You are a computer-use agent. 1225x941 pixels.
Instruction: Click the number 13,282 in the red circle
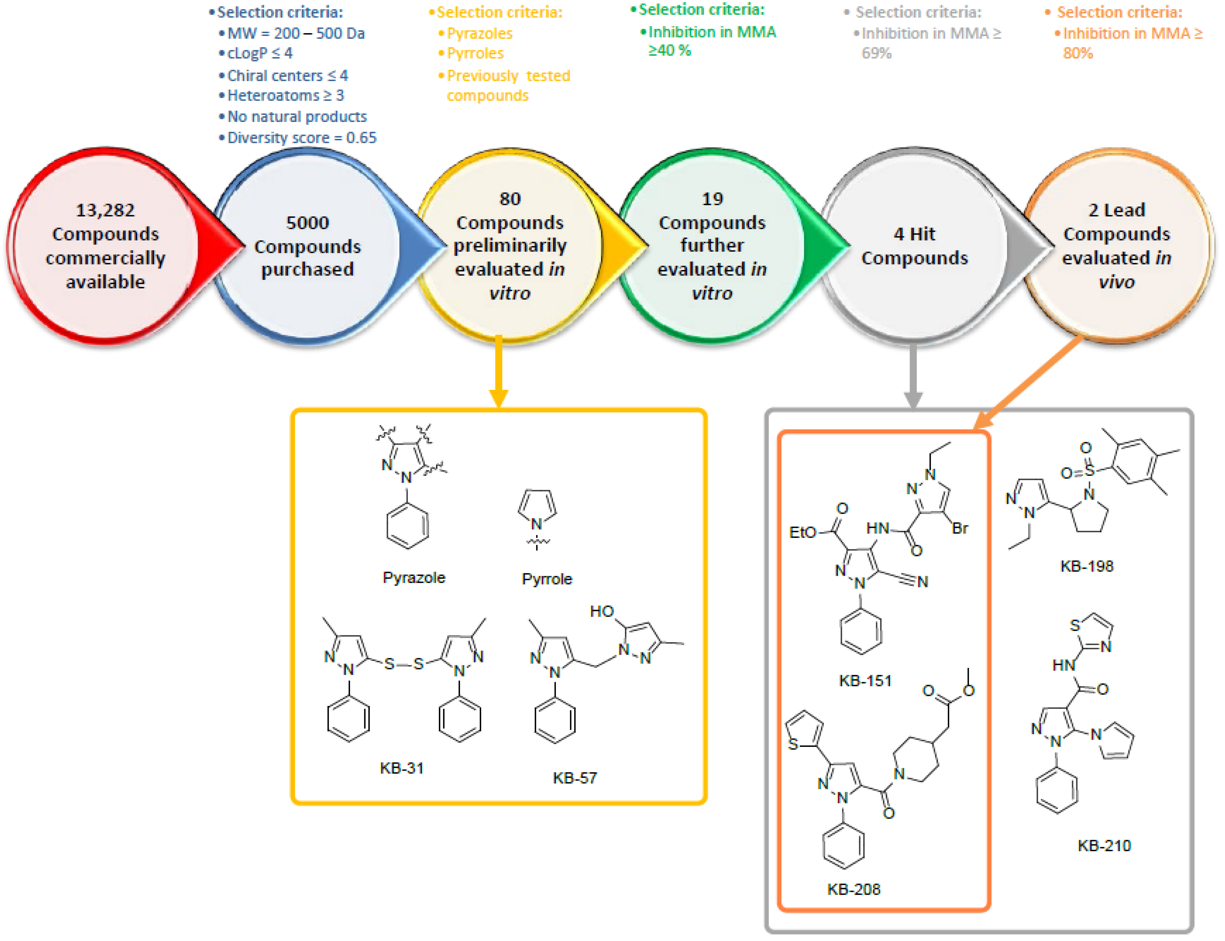coord(105,210)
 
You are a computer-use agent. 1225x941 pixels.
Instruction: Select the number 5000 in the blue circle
coord(307,222)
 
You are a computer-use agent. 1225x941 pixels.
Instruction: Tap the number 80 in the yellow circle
coord(509,199)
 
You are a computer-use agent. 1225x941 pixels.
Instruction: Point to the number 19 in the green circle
coord(712,199)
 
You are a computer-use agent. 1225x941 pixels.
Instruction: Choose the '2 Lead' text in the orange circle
coord(1116,210)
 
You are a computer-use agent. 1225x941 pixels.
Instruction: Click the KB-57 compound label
coord(574,778)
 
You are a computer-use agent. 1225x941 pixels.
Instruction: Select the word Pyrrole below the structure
coord(547,579)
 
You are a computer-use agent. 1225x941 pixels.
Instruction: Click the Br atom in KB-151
coord(960,528)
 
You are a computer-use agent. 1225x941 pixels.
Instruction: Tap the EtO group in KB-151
coord(802,532)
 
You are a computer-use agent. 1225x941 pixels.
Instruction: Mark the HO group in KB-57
coord(602,611)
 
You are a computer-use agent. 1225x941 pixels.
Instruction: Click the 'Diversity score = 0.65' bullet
coord(301,138)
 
